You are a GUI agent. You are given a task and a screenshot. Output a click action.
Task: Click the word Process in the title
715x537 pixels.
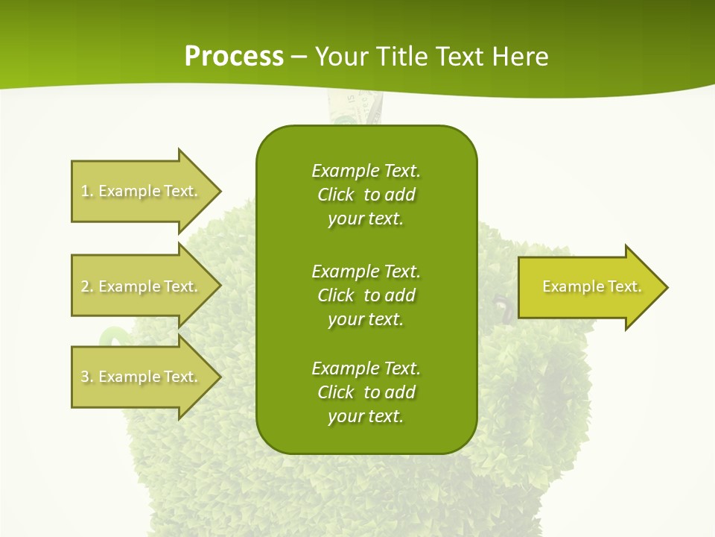tap(234, 57)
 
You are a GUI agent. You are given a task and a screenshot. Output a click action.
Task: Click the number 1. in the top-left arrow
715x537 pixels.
tap(87, 191)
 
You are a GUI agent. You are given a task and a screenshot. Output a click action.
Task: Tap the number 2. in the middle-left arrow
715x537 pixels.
tap(87, 286)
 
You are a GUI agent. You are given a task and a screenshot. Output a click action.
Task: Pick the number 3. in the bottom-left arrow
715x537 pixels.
tap(87, 377)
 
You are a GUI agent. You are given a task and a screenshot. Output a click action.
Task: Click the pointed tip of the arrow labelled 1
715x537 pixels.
tap(220, 191)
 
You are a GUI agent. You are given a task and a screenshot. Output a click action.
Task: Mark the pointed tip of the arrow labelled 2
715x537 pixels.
tap(220, 286)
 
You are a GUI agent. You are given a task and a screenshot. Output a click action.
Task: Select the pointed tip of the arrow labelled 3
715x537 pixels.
tap(220, 377)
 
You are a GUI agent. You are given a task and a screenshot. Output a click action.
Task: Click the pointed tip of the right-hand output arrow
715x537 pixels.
tap(667, 287)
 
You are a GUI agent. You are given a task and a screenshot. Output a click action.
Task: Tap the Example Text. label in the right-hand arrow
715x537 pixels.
tap(591, 286)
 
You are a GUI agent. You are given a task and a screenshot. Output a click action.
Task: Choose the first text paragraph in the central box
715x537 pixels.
tap(366, 195)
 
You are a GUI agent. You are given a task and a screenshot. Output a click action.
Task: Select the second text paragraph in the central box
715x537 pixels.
tap(366, 295)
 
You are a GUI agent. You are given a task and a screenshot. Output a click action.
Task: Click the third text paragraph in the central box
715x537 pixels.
tap(366, 392)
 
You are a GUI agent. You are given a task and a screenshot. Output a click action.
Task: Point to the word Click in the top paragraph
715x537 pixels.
tap(336, 195)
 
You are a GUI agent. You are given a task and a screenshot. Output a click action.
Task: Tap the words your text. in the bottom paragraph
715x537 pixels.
tap(366, 417)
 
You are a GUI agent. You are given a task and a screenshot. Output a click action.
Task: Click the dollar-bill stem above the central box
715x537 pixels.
tap(355, 108)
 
